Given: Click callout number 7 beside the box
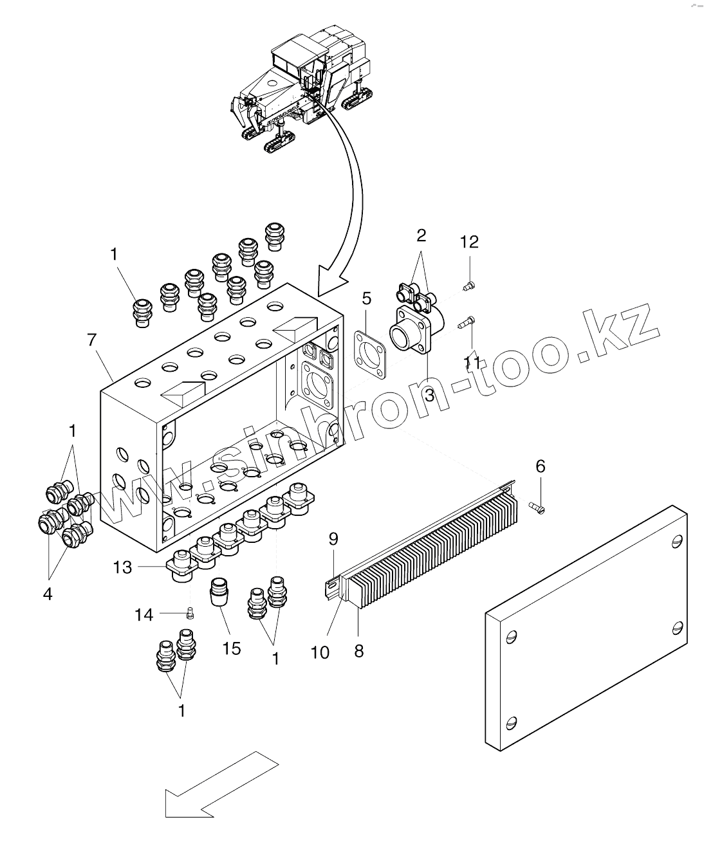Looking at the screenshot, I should [x=92, y=340].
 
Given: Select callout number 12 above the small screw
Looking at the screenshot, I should [x=470, y=242].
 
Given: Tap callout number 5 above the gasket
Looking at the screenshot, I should [x=366, y=298].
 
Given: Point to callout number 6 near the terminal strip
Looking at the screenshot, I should [x=541, y=466].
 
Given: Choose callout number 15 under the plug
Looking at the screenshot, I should [x=232, y=648].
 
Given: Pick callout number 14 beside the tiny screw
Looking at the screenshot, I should [x=144, y=615].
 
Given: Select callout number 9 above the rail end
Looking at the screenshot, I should [x=333, y=539].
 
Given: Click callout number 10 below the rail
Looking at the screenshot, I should [x=320, y=652].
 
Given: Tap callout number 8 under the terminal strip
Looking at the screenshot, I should [x=359, y=651].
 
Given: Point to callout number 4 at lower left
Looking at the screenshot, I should [x=48, y=594].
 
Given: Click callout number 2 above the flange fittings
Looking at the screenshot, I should [x=421, y=235].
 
